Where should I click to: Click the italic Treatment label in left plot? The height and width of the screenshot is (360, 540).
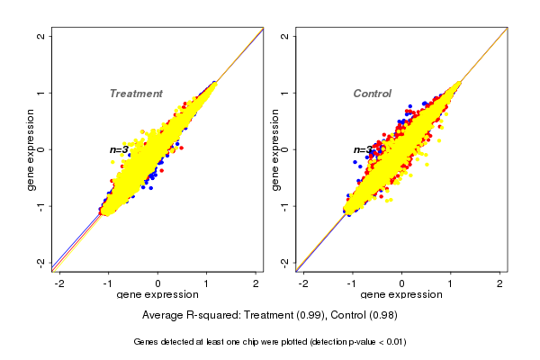pos(136,94)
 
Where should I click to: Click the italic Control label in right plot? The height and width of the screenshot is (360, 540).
pos(372,94)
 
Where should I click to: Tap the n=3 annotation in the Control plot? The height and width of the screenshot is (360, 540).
pos(363,150)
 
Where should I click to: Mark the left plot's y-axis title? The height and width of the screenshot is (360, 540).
pos(31,149)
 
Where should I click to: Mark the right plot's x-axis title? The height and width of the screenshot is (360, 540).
pos(401,296)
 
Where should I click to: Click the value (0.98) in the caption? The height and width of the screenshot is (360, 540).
pos(382,315)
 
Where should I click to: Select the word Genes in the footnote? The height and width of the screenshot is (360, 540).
pos(147,342)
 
